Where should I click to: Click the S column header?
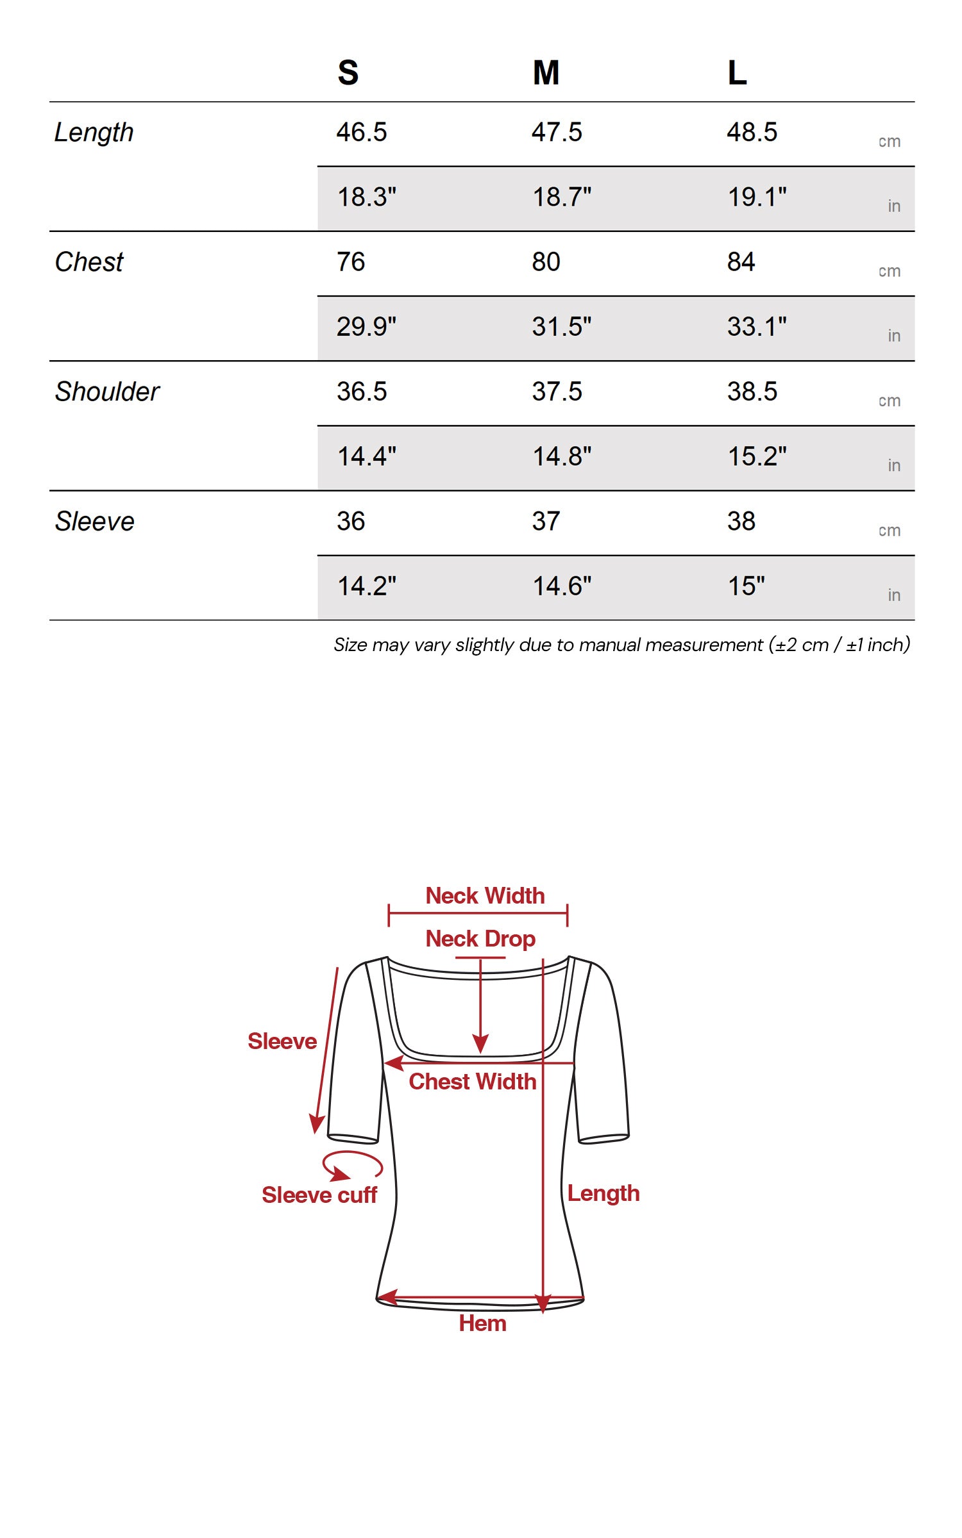(x=348, y=72)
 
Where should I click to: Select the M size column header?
(x=546, y=72)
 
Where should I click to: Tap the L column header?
(x=737, y=72)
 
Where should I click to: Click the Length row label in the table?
(x=94, y=133)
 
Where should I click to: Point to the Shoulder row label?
(x=107, y=392)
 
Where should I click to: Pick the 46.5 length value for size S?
(x=362, y=132)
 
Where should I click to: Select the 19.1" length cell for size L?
(x=757, y=197)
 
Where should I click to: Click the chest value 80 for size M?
(x=546, y=261)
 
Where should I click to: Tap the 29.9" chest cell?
(x=367, y=326)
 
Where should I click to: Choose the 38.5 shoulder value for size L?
(x=752, y=391)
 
